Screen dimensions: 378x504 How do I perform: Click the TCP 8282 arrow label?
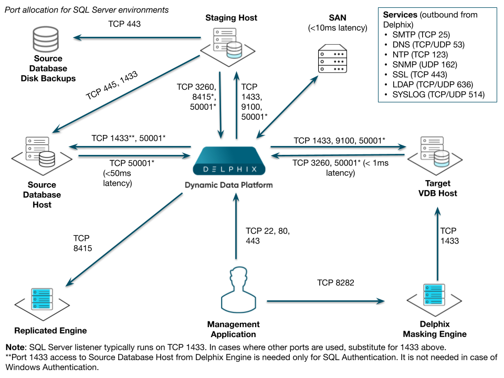point(335,283)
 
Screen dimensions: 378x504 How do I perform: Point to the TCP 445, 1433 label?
point(111,86)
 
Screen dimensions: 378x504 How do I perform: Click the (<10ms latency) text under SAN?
point(338,28)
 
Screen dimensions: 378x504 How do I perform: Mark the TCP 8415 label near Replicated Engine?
point(82,243)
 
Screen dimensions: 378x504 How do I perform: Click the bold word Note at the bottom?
point(16,348)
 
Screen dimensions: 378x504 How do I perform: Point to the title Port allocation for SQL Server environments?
point(87,9)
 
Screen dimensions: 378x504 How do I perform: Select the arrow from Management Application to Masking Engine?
point(325,301)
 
